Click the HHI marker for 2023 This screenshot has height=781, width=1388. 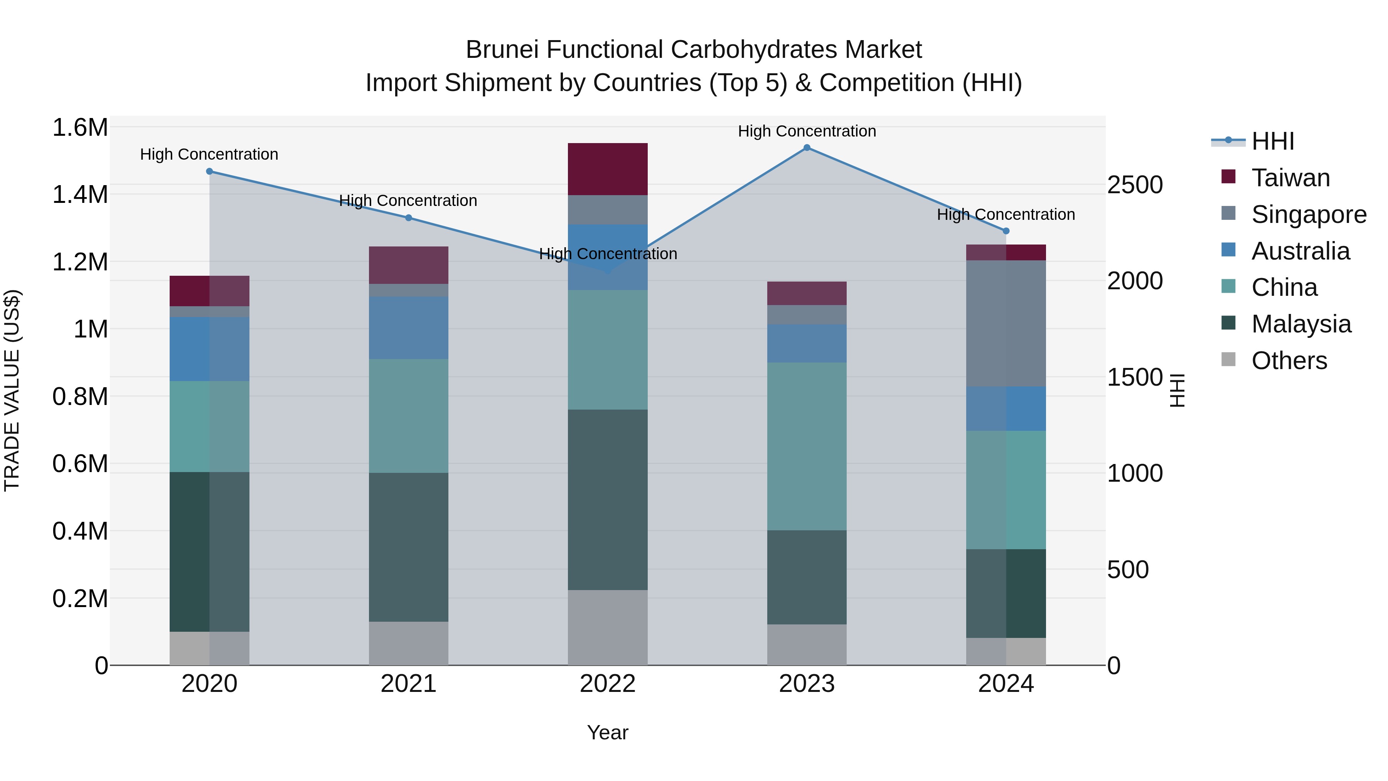tap(807, 148)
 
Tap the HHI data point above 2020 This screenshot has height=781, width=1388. tap(210, 171)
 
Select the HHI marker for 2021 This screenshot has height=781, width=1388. tap(408, 218)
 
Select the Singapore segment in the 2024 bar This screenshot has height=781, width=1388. tap(1006, 324)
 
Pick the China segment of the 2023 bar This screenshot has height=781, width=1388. tap(807, 446)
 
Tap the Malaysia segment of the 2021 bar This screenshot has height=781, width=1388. tap(408, 547)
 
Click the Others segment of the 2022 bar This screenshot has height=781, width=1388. tap(608, 627)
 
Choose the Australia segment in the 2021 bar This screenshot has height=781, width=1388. tap(408, 328)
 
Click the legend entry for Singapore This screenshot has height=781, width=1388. tap(1308, 214)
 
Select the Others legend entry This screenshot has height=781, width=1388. tap(1289, 361)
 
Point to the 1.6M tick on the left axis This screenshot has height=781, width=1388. tap(80, 128)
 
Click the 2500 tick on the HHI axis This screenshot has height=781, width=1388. tap(1135, 185)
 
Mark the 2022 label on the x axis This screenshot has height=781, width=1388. tap(608, 684)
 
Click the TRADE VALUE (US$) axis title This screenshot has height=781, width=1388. tap(12, 390)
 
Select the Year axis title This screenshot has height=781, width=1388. tap(608, 732)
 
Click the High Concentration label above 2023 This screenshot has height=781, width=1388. tap(807, 131)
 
